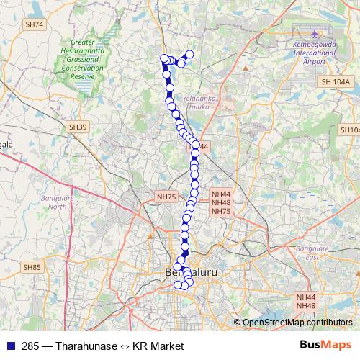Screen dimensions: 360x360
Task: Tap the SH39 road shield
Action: tap(78, 127)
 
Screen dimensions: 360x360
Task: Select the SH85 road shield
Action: tap(33, 268)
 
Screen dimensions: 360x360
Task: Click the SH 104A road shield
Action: tap(336, 83)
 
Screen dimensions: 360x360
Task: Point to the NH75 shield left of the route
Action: tap(166, 196)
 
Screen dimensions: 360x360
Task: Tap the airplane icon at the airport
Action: tap(315, 34)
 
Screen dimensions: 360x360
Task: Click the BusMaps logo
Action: tap(325, 346)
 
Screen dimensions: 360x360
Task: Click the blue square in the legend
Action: tap(9, 346)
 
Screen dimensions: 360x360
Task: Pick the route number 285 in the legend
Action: tap(30, 346)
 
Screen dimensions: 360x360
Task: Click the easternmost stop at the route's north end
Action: tap(190, 54)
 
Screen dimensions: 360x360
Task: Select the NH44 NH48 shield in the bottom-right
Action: tap(306, 301)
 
